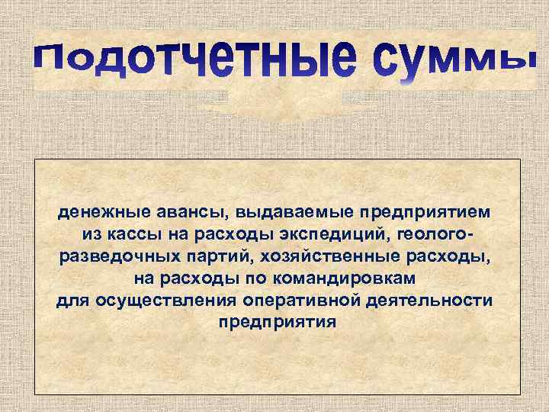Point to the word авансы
point(184,209)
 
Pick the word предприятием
point(419,209)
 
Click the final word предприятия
point(278,320)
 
